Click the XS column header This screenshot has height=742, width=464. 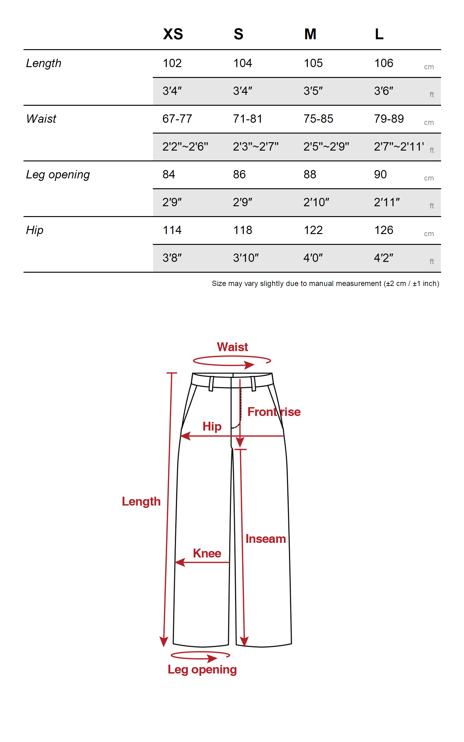tap(173, 34)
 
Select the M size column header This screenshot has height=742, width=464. tap(310, 34)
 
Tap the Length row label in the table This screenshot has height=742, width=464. tap(44, 63)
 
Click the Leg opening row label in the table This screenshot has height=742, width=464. tap(58, 175)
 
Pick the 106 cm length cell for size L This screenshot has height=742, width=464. tap(384, 63)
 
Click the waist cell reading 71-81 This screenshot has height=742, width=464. tap(247, 119)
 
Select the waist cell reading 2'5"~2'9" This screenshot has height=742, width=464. tap(326, 147)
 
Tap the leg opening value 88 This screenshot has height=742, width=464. tap(310, 175)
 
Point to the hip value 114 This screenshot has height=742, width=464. tap(172, 230)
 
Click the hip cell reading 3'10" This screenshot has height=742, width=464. tap(246, 258)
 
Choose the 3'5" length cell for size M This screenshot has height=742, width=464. tap(313, 91)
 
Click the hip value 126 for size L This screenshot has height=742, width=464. tap(384, 230)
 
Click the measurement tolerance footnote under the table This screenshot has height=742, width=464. tap(325, 284)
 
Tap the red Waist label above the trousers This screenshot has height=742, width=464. tap(232, 347)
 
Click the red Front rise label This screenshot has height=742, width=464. tap(274, 412)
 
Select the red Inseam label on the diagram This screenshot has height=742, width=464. tap(265, 539)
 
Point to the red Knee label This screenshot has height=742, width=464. tap(207, 553)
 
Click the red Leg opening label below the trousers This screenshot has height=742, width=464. tap(202, 670)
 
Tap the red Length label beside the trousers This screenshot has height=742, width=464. tap(141, 501)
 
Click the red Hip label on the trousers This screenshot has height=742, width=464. tap(212, 427)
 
